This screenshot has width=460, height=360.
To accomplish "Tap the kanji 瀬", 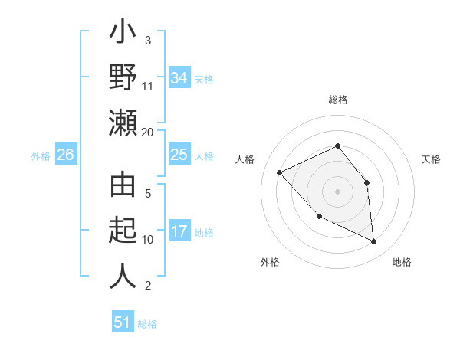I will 123,122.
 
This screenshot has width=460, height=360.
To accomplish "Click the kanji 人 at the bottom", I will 123,276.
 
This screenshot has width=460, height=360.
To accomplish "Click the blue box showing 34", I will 179,78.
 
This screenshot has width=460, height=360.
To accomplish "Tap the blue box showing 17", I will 179,231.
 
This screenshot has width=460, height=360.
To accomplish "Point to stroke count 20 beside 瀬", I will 148,132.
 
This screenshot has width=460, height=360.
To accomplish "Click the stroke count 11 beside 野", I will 148,86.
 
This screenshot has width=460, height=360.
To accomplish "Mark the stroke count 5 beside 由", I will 148,194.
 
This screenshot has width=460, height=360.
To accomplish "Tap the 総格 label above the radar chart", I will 338,100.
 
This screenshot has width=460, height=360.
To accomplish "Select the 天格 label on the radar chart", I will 431,159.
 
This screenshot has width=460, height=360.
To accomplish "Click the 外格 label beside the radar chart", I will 270,262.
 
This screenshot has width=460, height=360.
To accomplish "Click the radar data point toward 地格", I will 374,242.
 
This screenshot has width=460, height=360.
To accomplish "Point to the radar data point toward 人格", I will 280,172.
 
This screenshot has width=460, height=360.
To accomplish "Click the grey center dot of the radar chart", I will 337,191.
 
